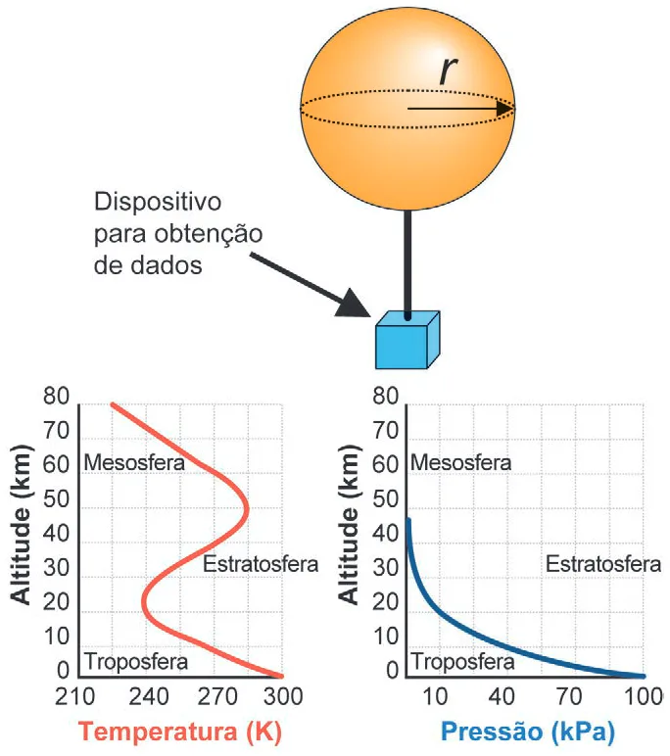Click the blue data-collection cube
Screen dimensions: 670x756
407,341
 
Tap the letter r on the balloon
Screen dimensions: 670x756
448,71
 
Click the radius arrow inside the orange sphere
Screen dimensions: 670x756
460,109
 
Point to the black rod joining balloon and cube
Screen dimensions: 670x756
407,264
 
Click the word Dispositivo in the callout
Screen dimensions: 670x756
158,202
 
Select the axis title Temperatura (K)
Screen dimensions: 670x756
180,732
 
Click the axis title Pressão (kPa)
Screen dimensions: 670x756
528,732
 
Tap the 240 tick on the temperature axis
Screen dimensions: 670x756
148,696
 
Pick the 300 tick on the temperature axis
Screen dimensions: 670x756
283,696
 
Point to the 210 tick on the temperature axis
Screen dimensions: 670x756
74,696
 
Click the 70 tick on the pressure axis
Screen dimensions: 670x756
569,696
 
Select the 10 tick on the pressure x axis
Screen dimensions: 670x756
435,696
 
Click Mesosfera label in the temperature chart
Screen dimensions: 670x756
134,463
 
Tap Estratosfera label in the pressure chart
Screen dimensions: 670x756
603,564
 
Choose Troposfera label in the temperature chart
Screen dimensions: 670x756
136,661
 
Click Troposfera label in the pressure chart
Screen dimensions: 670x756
463,661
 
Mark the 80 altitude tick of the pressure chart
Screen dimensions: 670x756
385,396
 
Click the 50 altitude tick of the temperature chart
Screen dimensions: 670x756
57,499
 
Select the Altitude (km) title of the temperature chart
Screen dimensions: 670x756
22,525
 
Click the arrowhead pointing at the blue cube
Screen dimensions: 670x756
353,304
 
